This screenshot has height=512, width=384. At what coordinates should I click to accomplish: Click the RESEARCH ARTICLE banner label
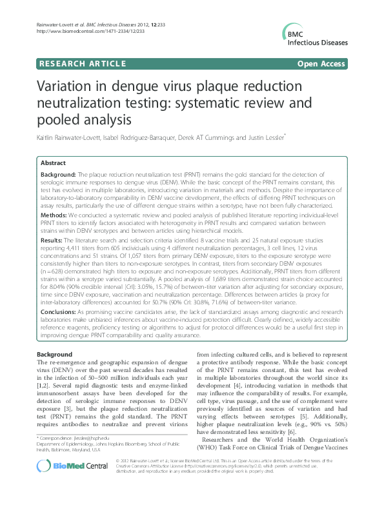[82, 63]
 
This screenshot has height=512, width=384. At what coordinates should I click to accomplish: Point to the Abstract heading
[54, 164]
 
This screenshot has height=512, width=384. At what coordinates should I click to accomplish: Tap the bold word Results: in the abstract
[53, 239]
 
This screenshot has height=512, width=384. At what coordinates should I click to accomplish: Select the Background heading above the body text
[54, 355]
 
